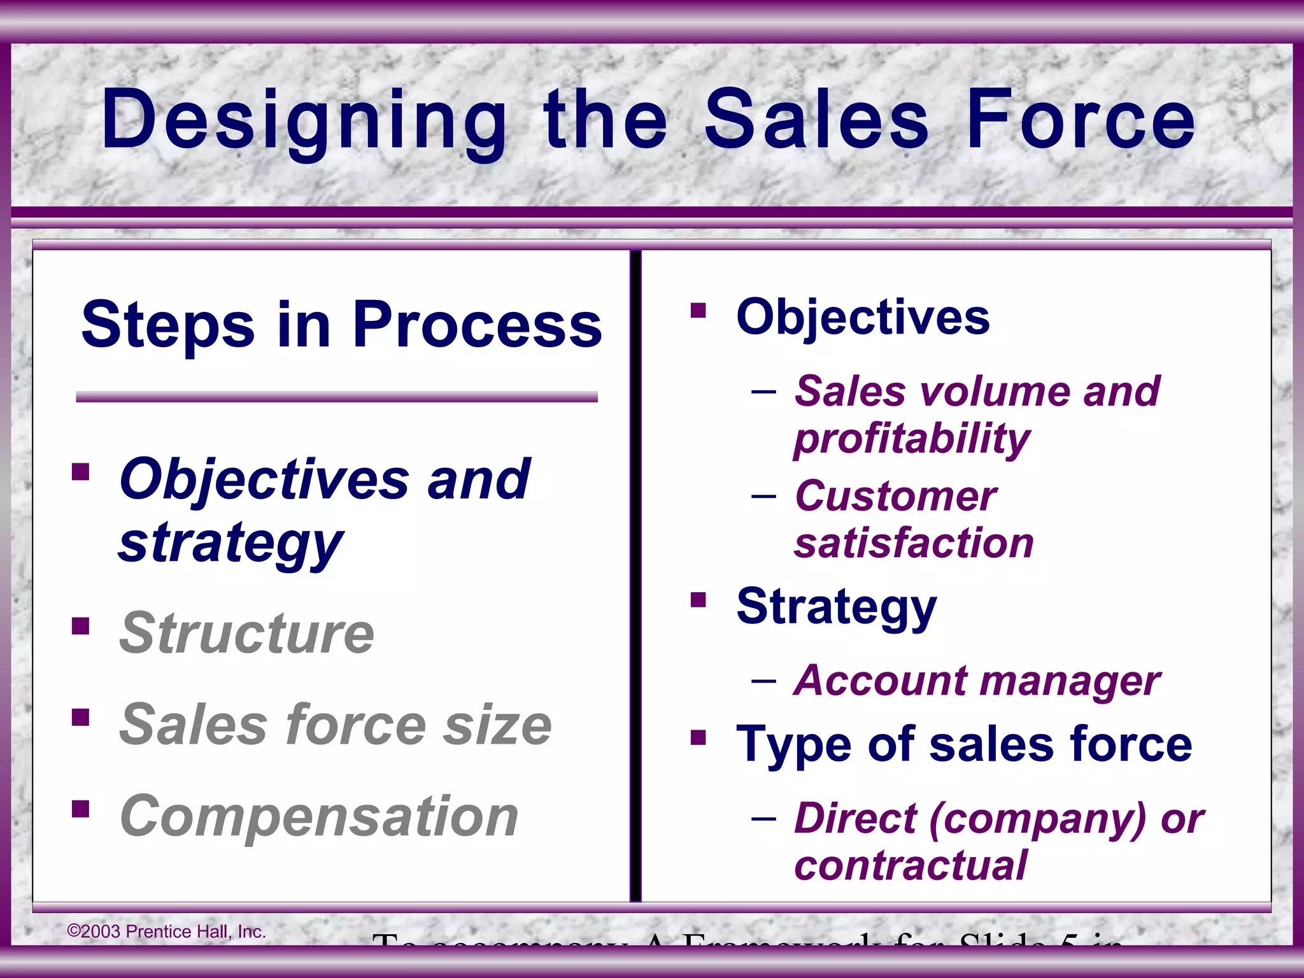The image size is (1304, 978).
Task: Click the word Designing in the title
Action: pos(304,121)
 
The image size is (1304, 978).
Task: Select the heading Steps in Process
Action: pos(341,325)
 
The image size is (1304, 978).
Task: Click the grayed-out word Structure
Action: pos(247,633)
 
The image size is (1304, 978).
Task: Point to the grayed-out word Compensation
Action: pos(319,816)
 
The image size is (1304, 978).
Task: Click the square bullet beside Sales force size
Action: pos(81,718)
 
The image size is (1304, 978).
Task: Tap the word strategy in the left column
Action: pos(230,542)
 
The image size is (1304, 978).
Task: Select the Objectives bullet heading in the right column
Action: pos(863,316)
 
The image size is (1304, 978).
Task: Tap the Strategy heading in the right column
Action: pos(836,606)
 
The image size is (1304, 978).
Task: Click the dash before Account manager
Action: pos(763,681)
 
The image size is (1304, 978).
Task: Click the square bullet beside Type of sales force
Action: pos(698,738)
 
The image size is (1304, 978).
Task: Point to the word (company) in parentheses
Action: pos(1037,818)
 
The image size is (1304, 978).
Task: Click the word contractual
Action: pos(911,865)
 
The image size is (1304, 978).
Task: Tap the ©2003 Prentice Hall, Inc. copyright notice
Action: pos(166,932)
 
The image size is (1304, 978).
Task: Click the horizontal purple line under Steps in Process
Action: pos(336,397)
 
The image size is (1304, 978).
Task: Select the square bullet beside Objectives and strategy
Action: pos(81,472)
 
